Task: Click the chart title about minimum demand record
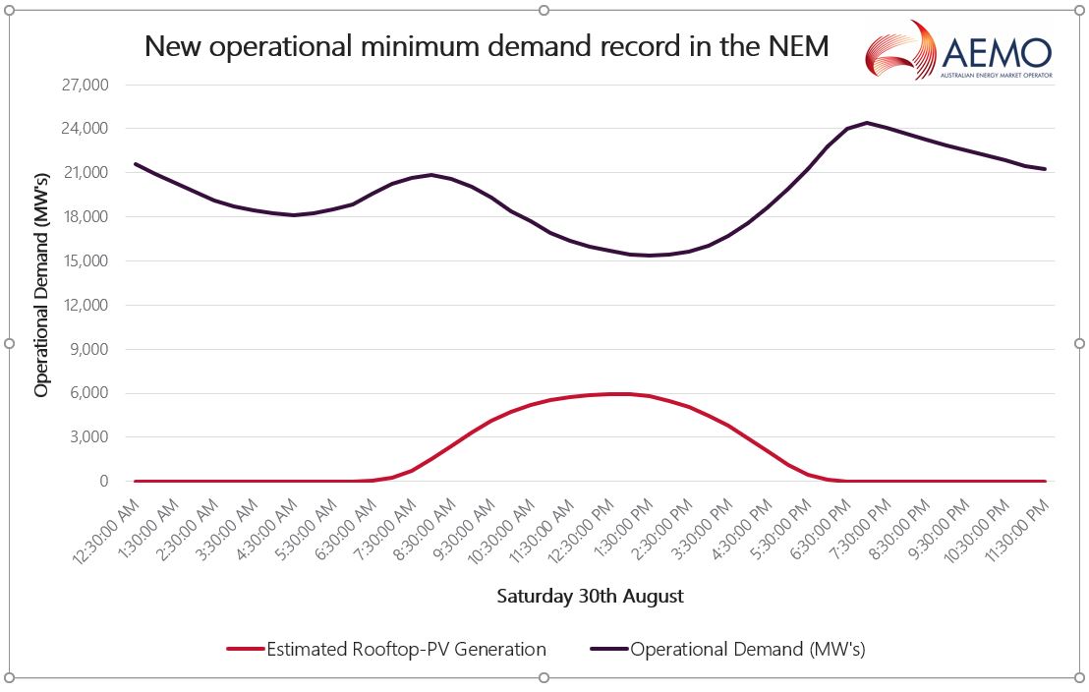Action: (x=487, y=46)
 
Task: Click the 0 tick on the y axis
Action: (x=102, y=482)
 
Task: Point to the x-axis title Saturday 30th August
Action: (x=590, y=596)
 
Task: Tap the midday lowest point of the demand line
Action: (x=649, y=256)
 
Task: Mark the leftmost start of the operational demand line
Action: (x=136, y=163)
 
